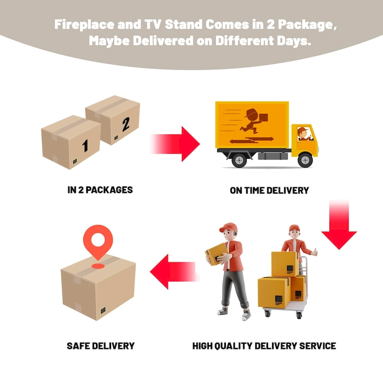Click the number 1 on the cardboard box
(x=85, y=146)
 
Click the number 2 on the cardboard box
(x=126, y=124)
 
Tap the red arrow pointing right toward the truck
(x=175, y=144)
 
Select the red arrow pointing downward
(x=339, y=225)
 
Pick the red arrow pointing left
(x=175, y=271)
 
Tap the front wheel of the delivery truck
(x=305, y=160)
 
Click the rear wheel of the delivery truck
(x=239, y=160)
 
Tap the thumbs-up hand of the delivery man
(x=315, y=252)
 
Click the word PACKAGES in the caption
(x=109, y=190)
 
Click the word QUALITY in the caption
(x=234, y=346)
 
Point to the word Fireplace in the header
(x=84, y=25)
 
